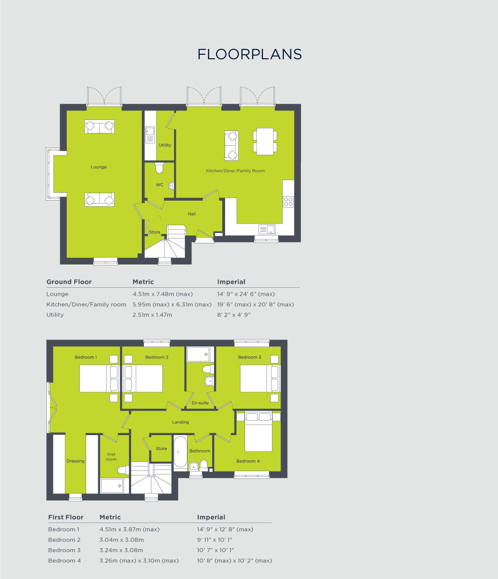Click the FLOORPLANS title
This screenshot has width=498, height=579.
point(249,54)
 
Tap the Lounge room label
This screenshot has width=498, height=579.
point(99,167)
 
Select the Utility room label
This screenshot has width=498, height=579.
point(165,145)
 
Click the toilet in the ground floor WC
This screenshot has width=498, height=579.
point(159,168)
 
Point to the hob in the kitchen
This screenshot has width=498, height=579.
point(288,202)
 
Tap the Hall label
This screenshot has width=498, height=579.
point(192,214)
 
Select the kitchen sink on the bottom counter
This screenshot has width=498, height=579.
point(267,229)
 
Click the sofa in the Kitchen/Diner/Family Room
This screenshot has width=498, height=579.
point(232,145)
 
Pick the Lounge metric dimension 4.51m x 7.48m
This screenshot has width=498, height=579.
point(162,294)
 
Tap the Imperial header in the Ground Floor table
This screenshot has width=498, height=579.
point(231,282)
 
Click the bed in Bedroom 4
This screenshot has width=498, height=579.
point(258,432)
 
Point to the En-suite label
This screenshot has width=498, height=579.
point(200,403)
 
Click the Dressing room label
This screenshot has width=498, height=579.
point(76,461)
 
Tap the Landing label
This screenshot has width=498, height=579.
point(180,422)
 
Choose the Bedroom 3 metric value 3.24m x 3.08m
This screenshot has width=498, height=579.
point(121,550)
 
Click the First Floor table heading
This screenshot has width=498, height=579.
point(66,517)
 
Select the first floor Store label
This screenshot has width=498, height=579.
point(161,449)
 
